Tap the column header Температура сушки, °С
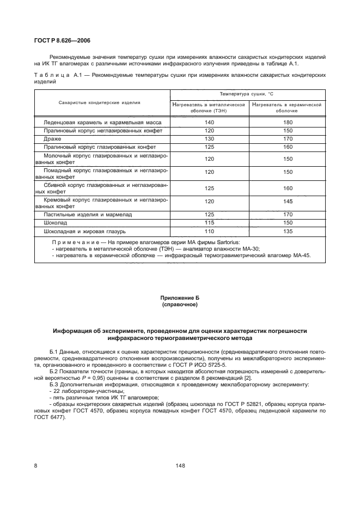click(x=248, y=94)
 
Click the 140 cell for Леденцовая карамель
click(x=210, y=123)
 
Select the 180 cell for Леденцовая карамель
click(x=288, y=123)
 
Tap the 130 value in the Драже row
click(x=210, y=139)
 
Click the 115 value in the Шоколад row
click(x=210, y=223)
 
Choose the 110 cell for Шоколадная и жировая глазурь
click(x=210, y=231)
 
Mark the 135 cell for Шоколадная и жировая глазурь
click(x=288, y=231)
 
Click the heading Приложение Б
click(x=180, y=299)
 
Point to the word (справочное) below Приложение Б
click(x=180, y=305)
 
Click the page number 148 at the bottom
click(x=180, y=465)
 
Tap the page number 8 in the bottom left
click(x=36, y=465)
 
